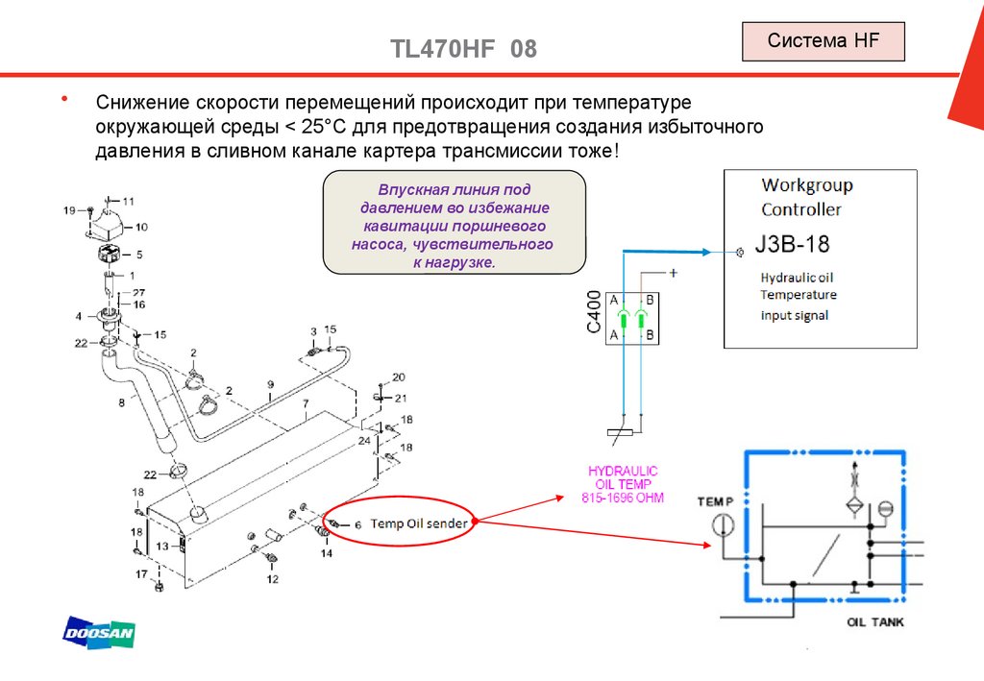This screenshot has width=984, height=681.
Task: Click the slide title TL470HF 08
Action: [x=463, y=49]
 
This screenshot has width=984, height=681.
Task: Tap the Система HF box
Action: [x=824, y=43]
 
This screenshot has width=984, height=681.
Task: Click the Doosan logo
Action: [x=99, y=632]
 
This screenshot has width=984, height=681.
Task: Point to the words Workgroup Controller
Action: [x=806, y=197]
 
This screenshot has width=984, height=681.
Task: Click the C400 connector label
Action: [x=594, y=314]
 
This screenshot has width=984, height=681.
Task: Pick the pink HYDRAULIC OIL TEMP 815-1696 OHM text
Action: [x=623, y=484]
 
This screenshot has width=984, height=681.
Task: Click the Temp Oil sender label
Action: [x=419, y=523]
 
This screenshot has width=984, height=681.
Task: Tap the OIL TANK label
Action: [x=874, y=622]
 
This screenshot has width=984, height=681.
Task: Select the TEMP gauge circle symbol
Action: [x=723, y=525]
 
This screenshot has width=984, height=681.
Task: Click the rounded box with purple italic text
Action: [x=454, y=225]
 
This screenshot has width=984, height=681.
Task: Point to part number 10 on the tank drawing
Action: [x=141, y=228]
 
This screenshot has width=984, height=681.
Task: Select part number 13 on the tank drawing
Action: [x=161, y=546]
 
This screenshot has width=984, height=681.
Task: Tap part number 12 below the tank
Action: [x=272, y=579]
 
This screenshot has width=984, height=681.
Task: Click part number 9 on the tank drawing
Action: [x=271, y=383]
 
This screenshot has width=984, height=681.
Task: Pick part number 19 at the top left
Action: [x=69, y=209]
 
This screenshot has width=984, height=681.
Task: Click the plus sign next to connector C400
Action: [x=674, y=274]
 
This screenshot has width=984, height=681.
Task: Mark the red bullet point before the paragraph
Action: [x=64, y=99]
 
